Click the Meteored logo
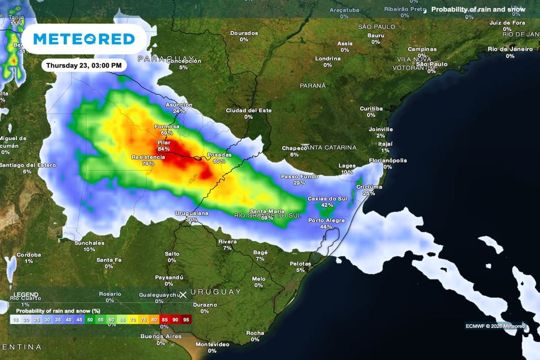[x=84, y=39]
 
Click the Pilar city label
[x=164, y=143]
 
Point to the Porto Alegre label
[x=326, y=220]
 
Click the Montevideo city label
[x=212, y=344]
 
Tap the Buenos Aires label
[x=161, y=336]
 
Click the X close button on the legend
[x=183, y=295]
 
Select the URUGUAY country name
[x=216, y=291]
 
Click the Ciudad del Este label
[x=248, y=110]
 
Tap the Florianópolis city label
[x=388, y=160]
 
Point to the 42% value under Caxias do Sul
[x=327, y=205]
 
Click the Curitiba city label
[x=371, y=109]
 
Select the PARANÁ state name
[x=313, y=85]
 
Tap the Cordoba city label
[x=28, y=255]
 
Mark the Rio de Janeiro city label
[x=510, y=49]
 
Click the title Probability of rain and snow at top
[x=478, y=9]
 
